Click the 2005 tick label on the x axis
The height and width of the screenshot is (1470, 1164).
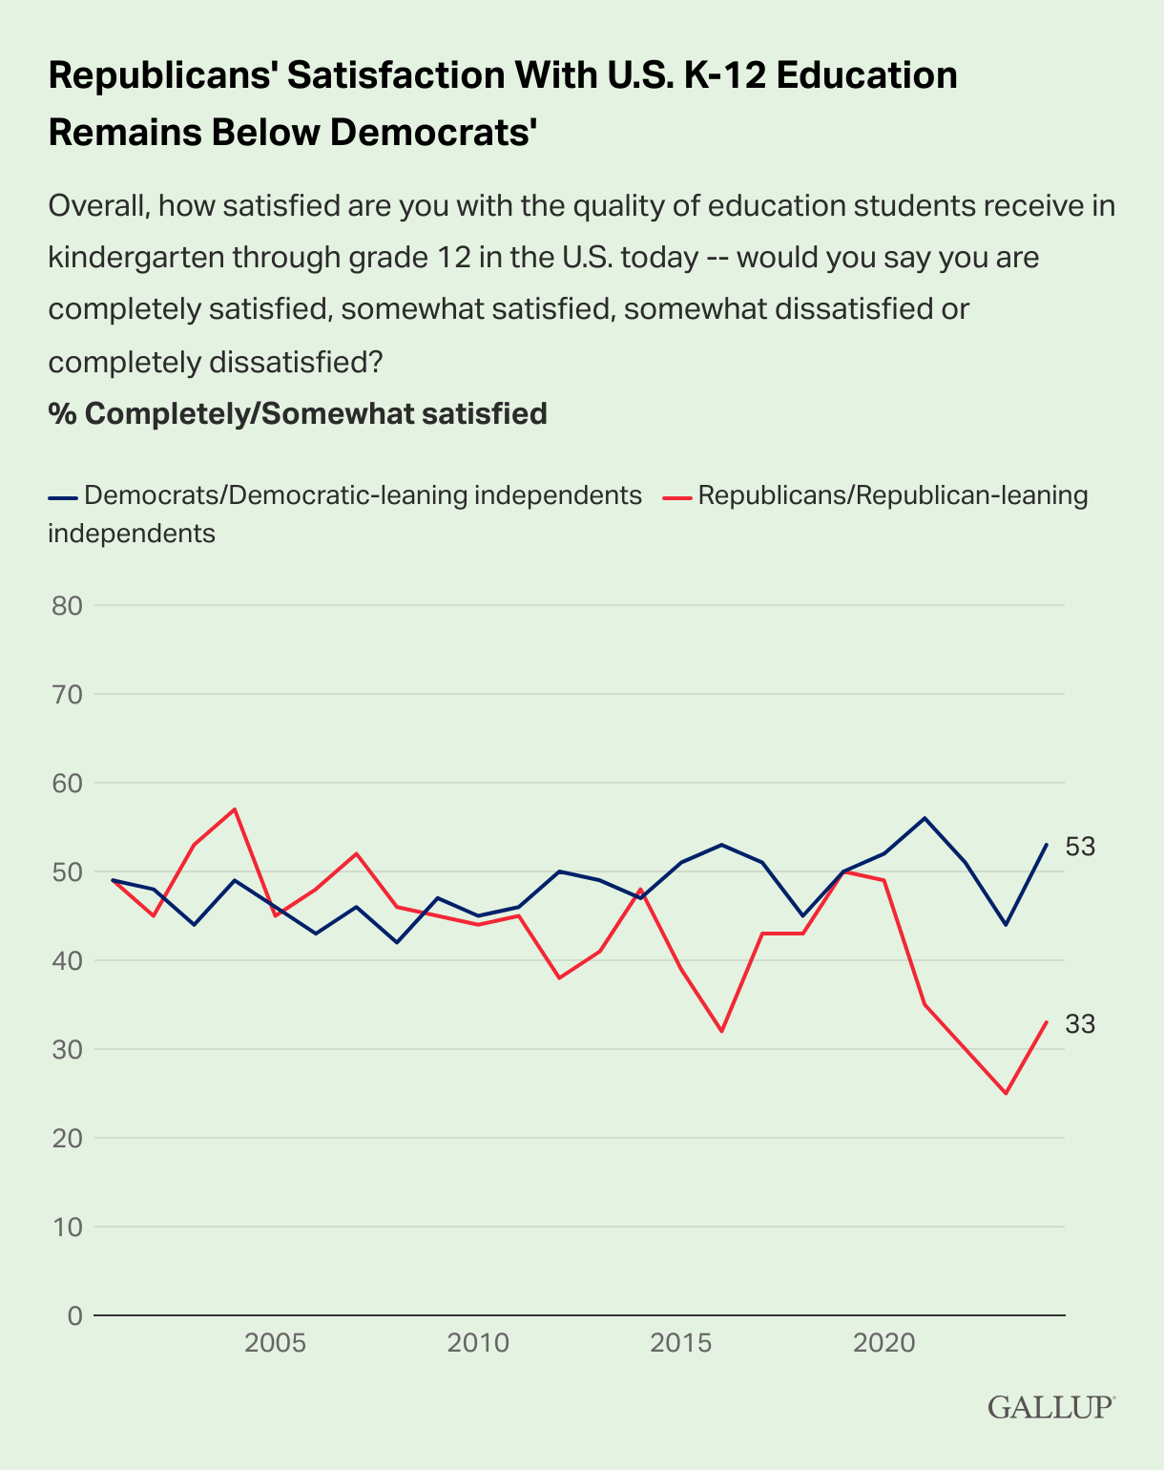point(275,1344)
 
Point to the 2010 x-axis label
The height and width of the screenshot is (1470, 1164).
point(478,1344)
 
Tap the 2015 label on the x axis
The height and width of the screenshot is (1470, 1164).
point(681,1344)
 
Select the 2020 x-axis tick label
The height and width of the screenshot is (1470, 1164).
point(883,1344)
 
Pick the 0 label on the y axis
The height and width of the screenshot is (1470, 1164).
point(74,1315)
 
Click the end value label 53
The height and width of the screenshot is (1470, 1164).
point(1080,847)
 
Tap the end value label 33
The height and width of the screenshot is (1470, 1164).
point(1080,1024)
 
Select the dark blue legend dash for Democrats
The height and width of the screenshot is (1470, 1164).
point(62,496)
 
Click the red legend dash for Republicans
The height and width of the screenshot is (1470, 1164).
point(677,496)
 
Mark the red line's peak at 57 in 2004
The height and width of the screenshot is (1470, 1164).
point(235,809)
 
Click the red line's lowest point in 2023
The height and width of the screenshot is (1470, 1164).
point(1006,1093)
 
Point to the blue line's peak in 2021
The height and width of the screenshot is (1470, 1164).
point(925,818)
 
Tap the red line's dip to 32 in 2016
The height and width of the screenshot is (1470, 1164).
point(721,1031)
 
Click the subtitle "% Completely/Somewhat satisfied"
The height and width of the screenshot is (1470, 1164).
point(298,413)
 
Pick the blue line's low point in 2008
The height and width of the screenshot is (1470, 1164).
point(397,942)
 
